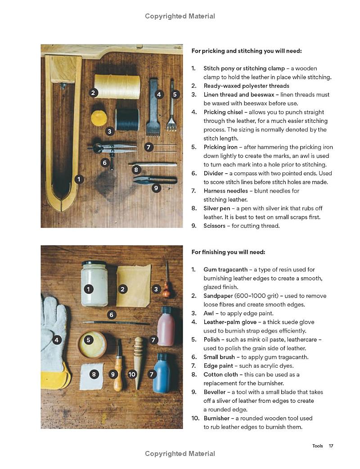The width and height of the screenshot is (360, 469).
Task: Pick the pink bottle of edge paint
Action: click(x=166, y=326)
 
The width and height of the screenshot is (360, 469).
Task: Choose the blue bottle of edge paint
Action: click(x=162, y=374)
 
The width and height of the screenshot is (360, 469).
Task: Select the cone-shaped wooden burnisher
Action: click(x=139, y=360)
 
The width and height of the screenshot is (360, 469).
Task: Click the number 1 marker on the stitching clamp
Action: click(x=79, y=179)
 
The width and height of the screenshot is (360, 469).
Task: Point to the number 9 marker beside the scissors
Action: click(x=156, y=188)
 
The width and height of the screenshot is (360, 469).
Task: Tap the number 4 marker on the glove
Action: click(x=56, y=340)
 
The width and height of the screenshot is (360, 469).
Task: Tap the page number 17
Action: click(x=331, y=446)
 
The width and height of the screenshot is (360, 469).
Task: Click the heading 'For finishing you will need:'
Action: click(x=228, y=252)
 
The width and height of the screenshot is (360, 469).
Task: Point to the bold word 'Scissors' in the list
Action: click(x=214, y=226)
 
